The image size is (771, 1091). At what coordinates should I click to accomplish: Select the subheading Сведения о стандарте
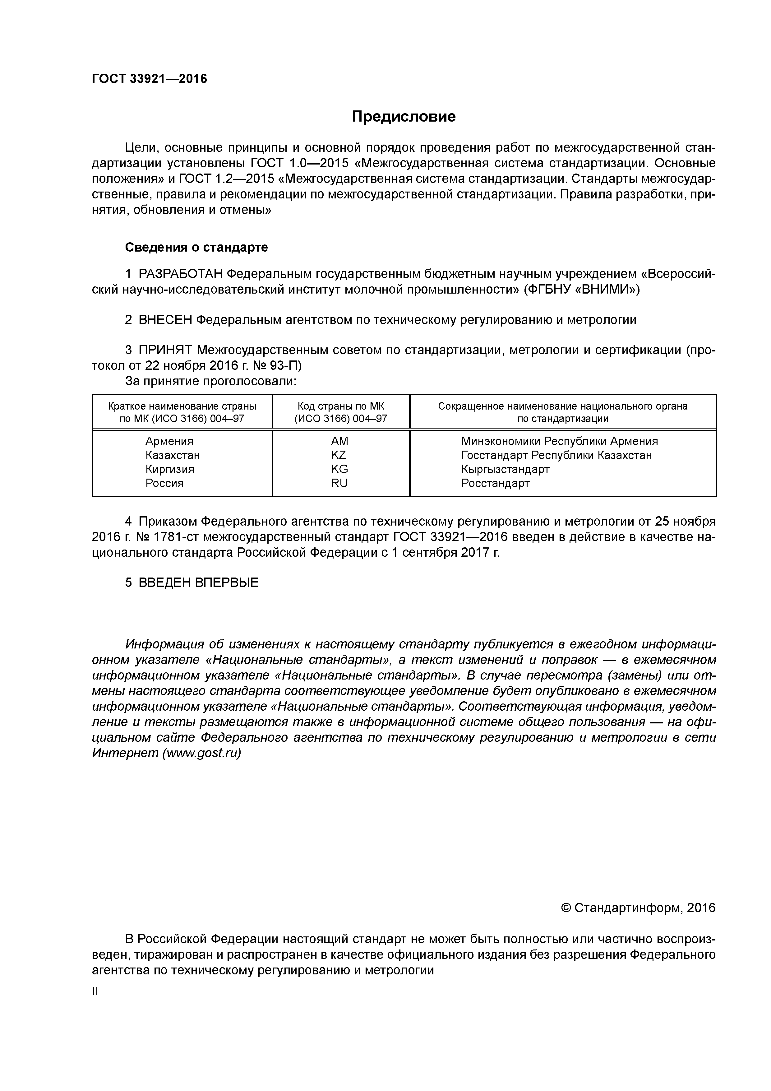[196, 247]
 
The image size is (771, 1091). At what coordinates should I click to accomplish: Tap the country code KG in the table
[339, 469]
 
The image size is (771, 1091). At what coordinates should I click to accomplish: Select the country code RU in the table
[339, 483]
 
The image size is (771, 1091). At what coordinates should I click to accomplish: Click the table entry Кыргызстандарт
[505, 469]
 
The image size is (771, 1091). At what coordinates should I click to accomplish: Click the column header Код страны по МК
[341, 406]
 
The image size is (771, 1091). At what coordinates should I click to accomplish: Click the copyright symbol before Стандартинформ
[566, 908]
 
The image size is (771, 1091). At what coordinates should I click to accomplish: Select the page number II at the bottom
[95, 991]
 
